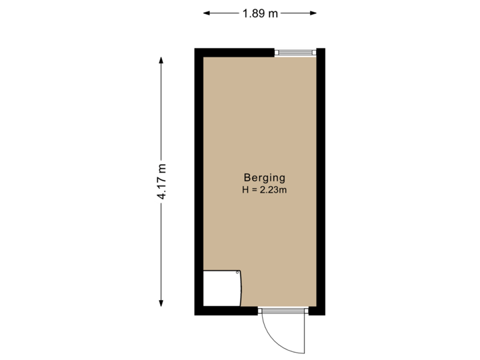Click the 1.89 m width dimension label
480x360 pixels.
pos(260,13)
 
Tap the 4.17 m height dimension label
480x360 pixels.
pos(161,181)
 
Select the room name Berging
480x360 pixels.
pos(265,178)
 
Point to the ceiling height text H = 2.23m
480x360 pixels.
pos(265,190)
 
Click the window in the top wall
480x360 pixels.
pos(295,52)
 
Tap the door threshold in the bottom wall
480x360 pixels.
pos(283,310)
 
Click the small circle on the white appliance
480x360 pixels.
pos(237,272)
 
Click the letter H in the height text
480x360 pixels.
pos(245,190)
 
